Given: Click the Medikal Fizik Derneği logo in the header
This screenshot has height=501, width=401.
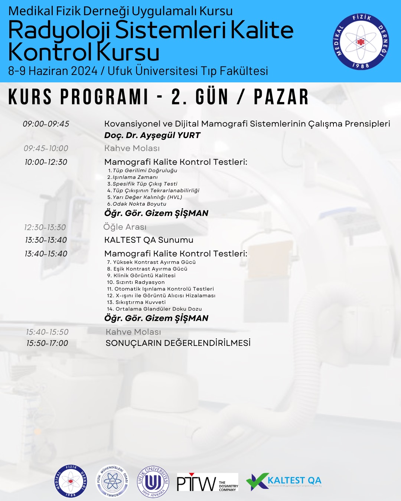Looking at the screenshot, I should pyautogui.click(x=361, y=42).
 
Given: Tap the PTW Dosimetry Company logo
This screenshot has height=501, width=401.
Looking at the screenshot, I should pyautogui.click(x=207, y=482).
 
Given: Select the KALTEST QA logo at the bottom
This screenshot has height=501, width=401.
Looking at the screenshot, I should pyautogui.click(x=284, y=481).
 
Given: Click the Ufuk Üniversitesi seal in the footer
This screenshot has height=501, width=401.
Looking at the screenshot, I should pyautogui.click(x=153, y=482).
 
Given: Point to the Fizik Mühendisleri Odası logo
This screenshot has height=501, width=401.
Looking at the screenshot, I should pyautogui.click(x=112, y=481).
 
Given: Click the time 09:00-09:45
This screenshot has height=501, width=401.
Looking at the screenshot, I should pyautogui.click(x=46, y=124).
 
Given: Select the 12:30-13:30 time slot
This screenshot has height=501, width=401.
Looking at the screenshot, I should pyautogui.click(x=45, y=227).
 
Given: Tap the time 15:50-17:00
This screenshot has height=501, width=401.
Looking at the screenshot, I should pyautogui.click(x=47, y=343).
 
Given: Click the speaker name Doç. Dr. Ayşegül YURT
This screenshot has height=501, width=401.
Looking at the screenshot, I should pyautogui.click(x=152, y=135).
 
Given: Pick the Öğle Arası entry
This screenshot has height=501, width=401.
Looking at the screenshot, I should pyautogui.click(x=125, y=227).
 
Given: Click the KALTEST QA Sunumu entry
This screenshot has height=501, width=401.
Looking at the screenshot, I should pyautogui.click(x=149, y=240).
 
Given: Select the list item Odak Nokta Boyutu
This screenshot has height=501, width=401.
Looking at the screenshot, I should pyautogui.click(x=139, y=204).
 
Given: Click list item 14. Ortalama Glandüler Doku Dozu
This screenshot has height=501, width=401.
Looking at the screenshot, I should pyautogui.click(x=154, y=309).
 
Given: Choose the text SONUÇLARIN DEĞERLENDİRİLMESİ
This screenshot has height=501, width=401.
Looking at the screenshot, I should pyautogui.click(x=178, y=343).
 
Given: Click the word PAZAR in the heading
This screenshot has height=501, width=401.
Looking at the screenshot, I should pyautogui.click(x=281, y=97).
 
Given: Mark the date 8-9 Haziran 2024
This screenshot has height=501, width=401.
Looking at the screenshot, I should pyautogui.click(x=53, y=71).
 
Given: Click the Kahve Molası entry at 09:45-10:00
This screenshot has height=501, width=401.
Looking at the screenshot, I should pyautogui.click(x=132, y=148).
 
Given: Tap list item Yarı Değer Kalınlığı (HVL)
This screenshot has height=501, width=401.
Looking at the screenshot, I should pyautogui.click(x=147, y=197).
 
